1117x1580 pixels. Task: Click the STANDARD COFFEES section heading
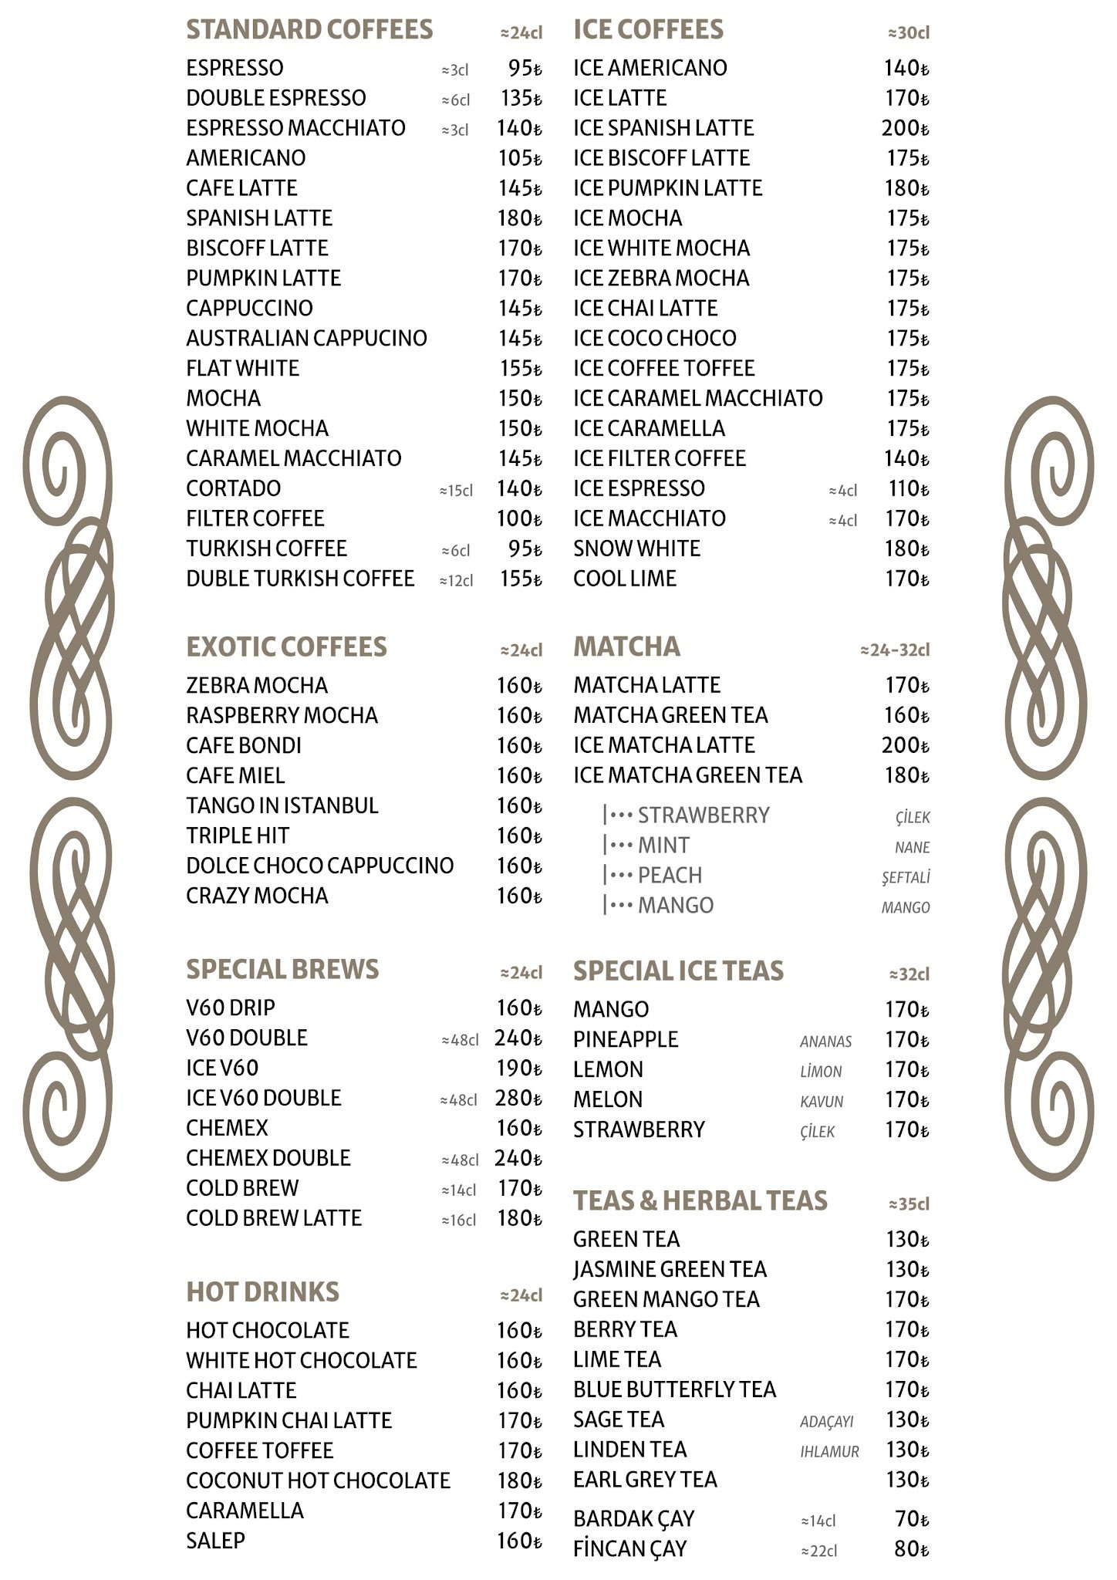(x=309, y=30)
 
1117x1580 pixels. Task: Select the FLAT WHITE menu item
(x=242, y=368)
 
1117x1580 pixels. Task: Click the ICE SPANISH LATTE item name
(x=663, y=128)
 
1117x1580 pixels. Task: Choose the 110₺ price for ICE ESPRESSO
(x=908, y=488)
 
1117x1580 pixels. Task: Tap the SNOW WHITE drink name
(x=636, y=549)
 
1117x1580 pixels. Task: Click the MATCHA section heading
(x=626, y=647)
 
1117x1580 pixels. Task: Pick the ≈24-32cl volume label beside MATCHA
(x=895, y=650)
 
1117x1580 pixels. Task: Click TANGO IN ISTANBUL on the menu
(x=282, y=805)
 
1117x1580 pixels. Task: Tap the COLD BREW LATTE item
(x=273, y=1218)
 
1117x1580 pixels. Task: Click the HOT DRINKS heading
(x=262, y=1291)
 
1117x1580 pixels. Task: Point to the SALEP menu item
(x=215, y=1541)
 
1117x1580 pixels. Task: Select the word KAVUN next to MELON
(x=822, y=1102)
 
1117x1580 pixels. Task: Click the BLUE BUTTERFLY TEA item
(x=674, y=1389)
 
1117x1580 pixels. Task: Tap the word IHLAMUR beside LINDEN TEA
(x=829, y=1451)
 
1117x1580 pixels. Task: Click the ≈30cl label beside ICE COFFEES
(x=909, y=32)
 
